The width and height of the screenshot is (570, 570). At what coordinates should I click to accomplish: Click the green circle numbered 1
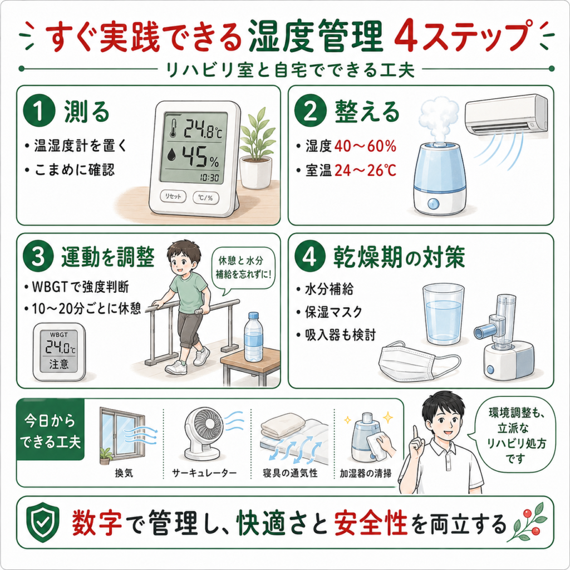point(40,111)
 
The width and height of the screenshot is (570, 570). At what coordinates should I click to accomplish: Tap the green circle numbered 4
point(310,257)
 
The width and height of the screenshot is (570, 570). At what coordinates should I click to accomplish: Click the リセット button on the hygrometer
point(173,196)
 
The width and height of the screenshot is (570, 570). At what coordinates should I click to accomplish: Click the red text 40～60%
point(365,146)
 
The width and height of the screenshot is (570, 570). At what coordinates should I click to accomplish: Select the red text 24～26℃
point(365,170)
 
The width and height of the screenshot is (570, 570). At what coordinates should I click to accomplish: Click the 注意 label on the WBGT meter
point(59,363)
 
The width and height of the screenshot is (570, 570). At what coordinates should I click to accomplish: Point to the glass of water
point(443,315)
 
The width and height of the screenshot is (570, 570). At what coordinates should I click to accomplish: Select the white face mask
point(418,364)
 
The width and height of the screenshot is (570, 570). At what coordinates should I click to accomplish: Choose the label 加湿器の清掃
point(366,473)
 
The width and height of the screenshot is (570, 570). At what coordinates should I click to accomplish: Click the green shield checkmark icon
point(42,522)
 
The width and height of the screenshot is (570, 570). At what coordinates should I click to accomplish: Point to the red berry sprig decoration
point(529,522)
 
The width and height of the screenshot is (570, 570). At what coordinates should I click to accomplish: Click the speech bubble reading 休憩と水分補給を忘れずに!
point(244,268)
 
